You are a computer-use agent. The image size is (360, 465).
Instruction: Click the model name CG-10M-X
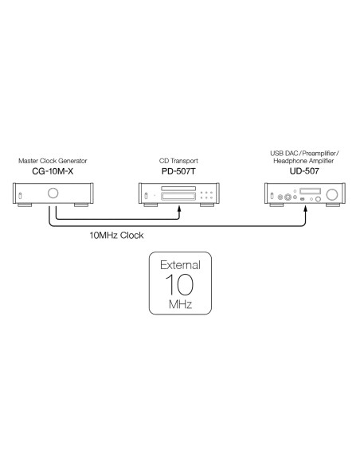point(53,171)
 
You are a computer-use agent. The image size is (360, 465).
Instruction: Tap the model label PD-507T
point(178,171)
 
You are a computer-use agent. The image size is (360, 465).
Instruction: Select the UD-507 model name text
point(304,171)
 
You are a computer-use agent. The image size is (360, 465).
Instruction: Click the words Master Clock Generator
point(53,161)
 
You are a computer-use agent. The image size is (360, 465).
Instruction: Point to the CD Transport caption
point(178,161)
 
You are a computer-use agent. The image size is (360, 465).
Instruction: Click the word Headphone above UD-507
point(288,161)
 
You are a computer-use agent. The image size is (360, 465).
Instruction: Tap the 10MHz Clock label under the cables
point(116,235)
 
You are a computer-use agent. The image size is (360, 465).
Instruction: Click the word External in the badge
point(180,265)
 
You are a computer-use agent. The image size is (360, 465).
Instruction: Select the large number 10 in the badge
point(179,285)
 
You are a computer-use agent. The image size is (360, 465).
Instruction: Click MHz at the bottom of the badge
point(180,304)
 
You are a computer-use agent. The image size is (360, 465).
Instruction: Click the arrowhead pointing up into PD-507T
point(179,209)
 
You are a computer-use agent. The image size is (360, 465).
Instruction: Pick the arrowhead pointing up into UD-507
point(306,209)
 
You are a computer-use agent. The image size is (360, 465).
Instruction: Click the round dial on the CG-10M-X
point(53,193)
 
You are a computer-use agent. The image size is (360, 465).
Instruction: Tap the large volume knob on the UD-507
point(332,194)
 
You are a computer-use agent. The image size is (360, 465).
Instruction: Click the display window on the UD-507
point(310,191)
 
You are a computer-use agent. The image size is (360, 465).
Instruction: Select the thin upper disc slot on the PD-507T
point(178,189)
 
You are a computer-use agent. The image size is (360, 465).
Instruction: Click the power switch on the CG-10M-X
point(20,196)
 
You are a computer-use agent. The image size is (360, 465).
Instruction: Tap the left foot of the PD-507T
point(151,205)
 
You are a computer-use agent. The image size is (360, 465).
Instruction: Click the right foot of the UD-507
point(333,205)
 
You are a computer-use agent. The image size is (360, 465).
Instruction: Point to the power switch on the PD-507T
point(146,196)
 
